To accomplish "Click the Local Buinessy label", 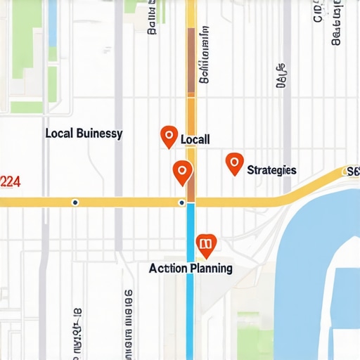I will pyautogui.click(x=84, y=133).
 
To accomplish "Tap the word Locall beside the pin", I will pyautogui.click(x=195, y=139).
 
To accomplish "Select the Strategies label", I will pyautogui.click(x=271, y=170).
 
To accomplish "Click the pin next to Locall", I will pyautogui.click(x=169, y=136).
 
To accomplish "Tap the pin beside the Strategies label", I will pyautogui.click(x=234, y=163).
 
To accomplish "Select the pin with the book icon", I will pyautogui.click(x=205, y=243).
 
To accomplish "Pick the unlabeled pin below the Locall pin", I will pyautogui.click(x=182, y=171).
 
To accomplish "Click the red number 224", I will pyautogui.click(x=10, y=182).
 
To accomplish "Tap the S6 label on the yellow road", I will pyautogui.click(x=352, y=171).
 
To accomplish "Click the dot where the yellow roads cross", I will pyautogui.click(x=182, y=202).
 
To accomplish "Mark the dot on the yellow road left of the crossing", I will pyautogui.click(x=75, y=202).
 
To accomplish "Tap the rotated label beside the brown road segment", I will pyautogui.click(x=204, y=56).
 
